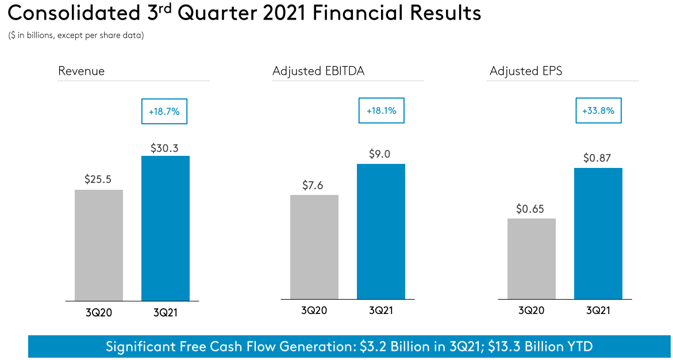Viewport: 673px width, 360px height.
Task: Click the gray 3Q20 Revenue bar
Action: (99, 245)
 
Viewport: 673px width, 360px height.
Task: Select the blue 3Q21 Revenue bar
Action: (166, 228)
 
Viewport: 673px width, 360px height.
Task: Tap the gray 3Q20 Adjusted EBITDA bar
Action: (314, 247)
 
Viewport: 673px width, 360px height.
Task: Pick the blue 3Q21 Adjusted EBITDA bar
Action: (381, 232)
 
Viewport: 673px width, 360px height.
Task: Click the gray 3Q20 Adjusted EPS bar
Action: (532, 258)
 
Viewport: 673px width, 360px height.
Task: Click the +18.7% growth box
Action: (164, 112)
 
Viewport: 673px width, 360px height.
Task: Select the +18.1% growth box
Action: (382, 111)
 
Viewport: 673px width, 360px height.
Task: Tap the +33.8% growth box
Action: (599, 111)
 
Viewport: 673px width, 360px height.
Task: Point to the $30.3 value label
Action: (164, 148)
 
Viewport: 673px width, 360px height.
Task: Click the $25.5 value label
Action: (98, 179)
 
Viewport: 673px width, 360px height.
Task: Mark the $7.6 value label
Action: (314, 185)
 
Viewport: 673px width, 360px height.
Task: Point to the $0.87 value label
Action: (598, 158)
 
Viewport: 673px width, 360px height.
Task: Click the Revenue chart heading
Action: (82, 71)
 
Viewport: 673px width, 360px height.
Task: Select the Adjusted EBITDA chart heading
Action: (318, 71)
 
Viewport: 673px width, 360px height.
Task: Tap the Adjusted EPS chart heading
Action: (526, 71)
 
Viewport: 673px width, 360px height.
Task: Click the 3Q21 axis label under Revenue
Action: (166, 313)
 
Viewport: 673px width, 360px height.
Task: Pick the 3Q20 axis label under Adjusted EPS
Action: (532, 311)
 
